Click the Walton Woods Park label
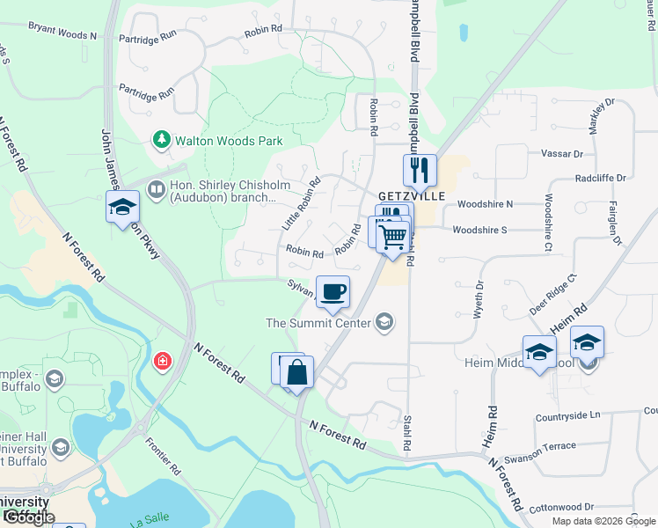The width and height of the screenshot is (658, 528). [228, 140]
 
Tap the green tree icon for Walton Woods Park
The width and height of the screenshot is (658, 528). [161, 139]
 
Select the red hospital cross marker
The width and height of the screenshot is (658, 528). [162, 362]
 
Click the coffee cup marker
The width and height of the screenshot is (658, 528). [333, 291]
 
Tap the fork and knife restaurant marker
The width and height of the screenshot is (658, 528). [420, 170]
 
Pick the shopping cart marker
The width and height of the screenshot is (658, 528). [392, 235]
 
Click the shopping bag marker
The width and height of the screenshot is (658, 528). [297, 372]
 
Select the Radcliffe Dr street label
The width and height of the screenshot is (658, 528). [600, 177]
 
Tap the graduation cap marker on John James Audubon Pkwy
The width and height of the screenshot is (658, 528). [122, 208]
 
